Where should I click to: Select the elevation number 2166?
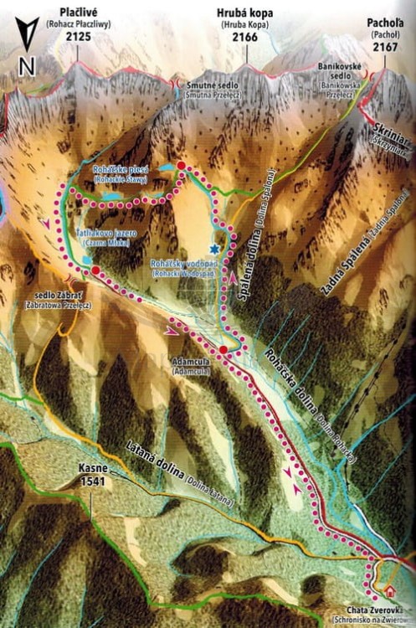245,37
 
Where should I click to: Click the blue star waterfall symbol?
214,250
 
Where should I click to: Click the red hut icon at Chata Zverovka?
390,592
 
